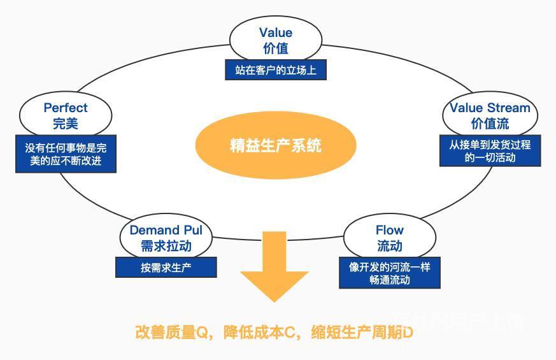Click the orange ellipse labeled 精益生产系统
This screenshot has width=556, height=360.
click(275, 145)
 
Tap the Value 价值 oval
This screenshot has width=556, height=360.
click(276, 40)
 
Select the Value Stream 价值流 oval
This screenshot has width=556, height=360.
click(490, 115)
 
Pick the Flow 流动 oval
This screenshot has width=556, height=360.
click(389, 237)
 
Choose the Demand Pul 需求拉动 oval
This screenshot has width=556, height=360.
click(166, 237)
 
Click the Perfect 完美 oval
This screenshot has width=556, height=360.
click(66, 115)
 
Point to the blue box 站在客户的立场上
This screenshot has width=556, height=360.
click(276, 70)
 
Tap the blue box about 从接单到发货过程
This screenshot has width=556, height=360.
click(490, 151)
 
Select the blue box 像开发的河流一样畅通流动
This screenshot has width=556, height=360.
click(389, 273)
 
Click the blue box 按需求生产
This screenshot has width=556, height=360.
click(166, 268)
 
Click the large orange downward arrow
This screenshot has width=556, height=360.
click(274, 268)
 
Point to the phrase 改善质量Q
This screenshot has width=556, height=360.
click(173, 333)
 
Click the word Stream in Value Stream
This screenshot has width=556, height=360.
click(508, 108)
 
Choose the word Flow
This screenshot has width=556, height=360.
click(389, 230)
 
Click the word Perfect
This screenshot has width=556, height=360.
click(66, 108)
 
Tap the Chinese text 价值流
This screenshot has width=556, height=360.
click(490, 123)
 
